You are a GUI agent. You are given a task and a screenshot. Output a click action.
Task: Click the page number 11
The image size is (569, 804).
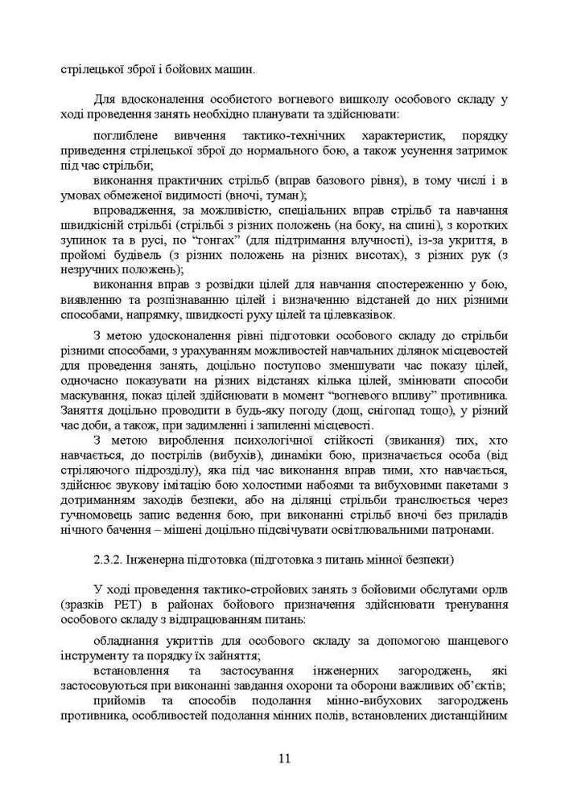[284, 758]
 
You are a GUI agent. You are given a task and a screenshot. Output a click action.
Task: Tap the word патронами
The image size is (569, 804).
[474, 531]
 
